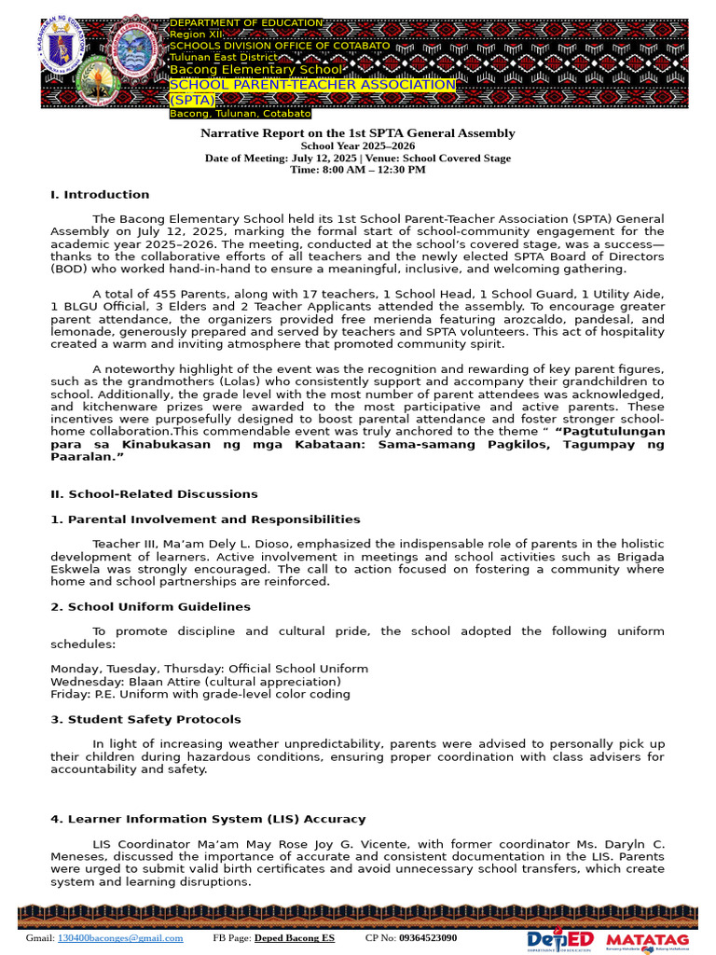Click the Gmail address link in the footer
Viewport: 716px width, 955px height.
click(120, 938)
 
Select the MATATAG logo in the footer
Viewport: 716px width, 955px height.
click(647, 939)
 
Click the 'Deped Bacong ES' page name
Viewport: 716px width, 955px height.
click(295, 938)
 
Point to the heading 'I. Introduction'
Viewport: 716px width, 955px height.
click(100, 195)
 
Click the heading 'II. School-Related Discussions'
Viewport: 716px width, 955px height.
click(154, 494)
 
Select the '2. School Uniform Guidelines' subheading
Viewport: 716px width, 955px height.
click(150, 607)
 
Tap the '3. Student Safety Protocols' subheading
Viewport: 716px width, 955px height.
click(145, 720)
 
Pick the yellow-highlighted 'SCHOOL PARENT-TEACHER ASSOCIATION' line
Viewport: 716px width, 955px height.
click(312, 85)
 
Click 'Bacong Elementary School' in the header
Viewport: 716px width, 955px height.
click(255, 70)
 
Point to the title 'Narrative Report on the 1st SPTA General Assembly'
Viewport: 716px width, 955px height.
click(358, 133)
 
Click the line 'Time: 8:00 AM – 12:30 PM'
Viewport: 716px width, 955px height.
click(358, 170)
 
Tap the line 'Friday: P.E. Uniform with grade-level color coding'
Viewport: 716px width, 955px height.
click(200, 694)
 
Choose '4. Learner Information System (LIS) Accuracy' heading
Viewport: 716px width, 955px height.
click(208, 820)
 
